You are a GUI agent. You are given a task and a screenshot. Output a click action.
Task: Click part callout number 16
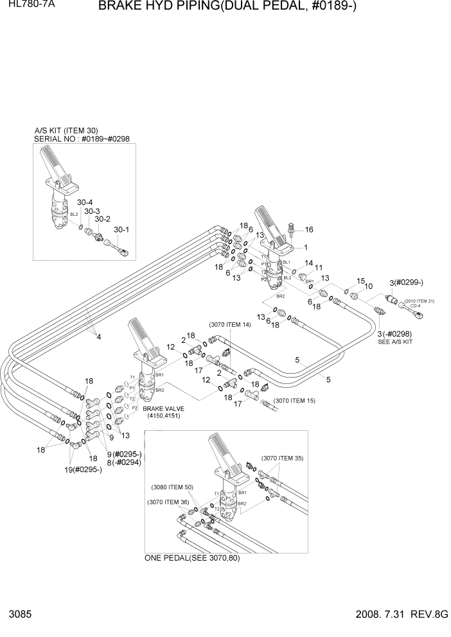pos(309,229)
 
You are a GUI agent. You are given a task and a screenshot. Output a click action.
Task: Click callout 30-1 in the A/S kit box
pos(121,229)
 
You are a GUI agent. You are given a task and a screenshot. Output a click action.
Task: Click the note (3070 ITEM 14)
pos(229,324)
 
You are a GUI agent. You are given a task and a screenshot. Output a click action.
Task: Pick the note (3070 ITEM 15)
pos(294,401)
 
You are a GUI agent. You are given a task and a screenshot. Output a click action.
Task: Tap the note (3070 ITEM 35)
pos(282,458)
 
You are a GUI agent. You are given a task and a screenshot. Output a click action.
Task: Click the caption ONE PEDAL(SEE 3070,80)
pos(192,557)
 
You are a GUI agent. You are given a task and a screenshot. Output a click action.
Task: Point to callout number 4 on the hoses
pos(98,335)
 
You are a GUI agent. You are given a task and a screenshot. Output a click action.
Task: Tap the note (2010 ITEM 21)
pos(420,301)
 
